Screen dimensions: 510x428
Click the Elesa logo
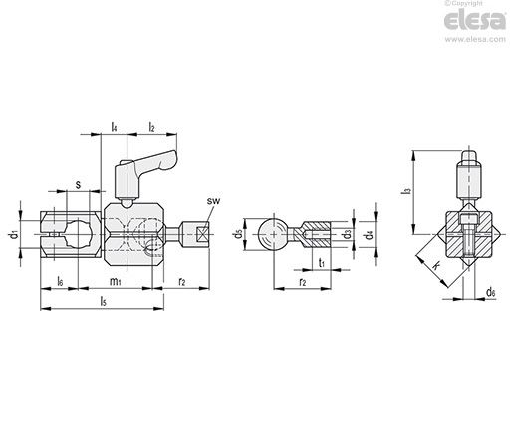point(475,21)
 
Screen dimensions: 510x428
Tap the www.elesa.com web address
point(475,39)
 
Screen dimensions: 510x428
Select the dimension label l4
point(114,126)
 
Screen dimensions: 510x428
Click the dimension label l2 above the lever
point(151,126)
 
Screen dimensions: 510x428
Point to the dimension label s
point(78,184)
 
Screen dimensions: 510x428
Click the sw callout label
point(213,201)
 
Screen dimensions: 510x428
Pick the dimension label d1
point(13,234)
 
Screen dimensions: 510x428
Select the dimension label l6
point(60,282)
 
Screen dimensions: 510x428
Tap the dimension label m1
point(115,282)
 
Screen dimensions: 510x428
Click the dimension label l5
point(104,301)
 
